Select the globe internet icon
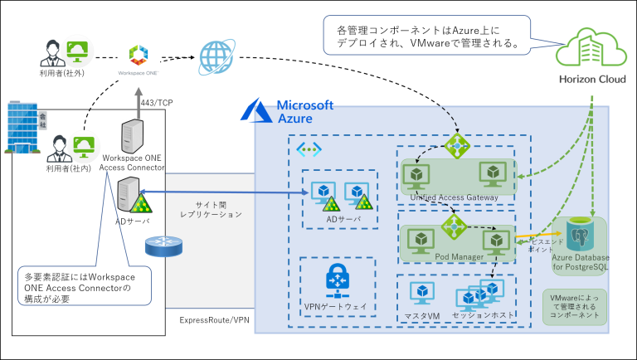pos(216,57)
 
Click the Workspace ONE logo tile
pos(139,60)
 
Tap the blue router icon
pos(161,246)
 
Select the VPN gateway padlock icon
pos(337,280)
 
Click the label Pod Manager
pos(459,257)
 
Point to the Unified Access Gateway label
pos(455,197)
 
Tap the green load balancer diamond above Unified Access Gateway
pos(457,145)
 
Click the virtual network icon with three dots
pos(309,149)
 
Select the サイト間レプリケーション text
pos(212,209)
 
